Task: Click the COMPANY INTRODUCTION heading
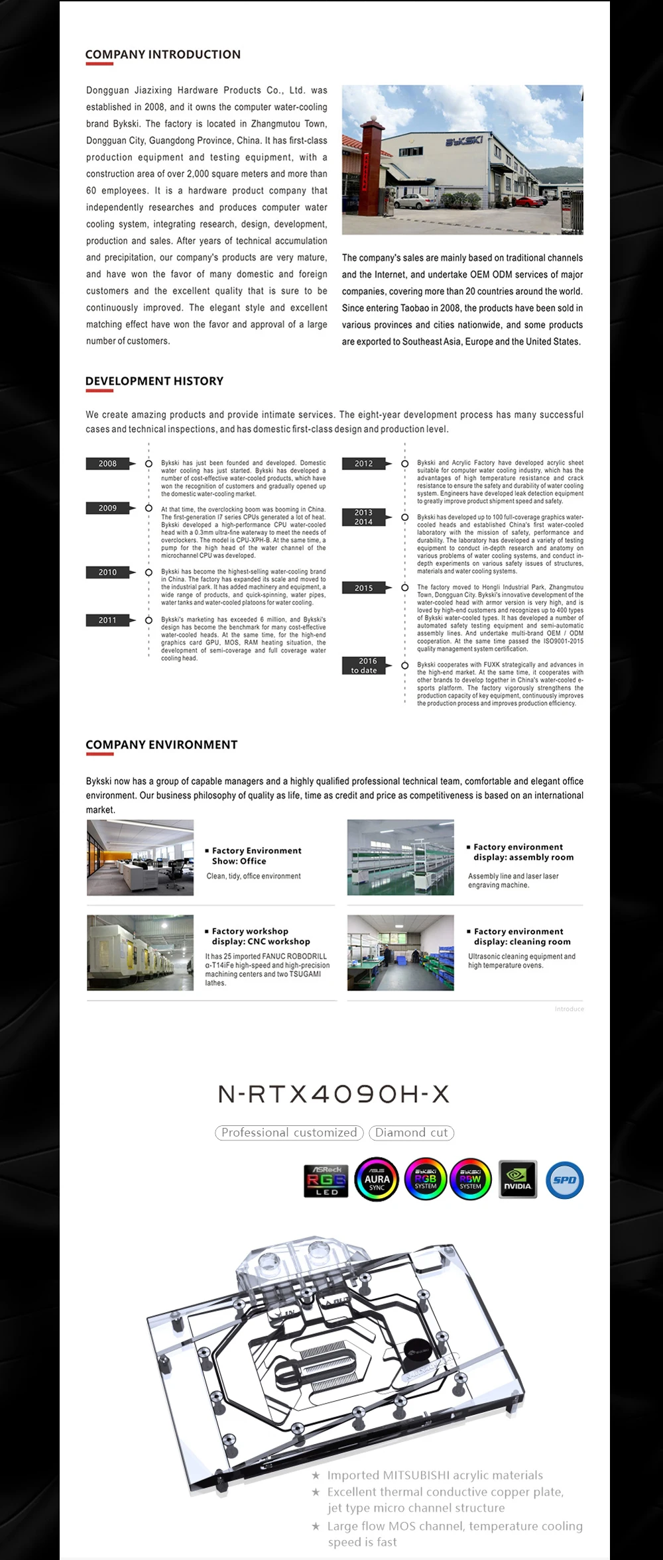(163, 54)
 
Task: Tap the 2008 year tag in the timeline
(107, 464)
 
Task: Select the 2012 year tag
(363, 464)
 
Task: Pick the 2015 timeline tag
(363, 588)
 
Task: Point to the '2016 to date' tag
(363, 665)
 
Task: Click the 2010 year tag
(107, 573)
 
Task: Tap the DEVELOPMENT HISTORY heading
(154, 381)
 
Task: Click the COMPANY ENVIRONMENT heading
(161, 745)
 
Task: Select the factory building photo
(462, 159)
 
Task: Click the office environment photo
(140, 858)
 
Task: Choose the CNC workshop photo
(140, 952)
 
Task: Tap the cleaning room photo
(400, 952)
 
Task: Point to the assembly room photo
(400, 858)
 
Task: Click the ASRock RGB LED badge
(326, 1180)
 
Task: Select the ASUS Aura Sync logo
(377, 1180)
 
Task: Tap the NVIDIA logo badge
(517, 1180)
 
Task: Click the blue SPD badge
(564, 1180)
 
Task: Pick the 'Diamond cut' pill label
(412, 1133)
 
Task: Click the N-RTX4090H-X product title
(333, 1094)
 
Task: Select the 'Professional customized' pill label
(289, 1133)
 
